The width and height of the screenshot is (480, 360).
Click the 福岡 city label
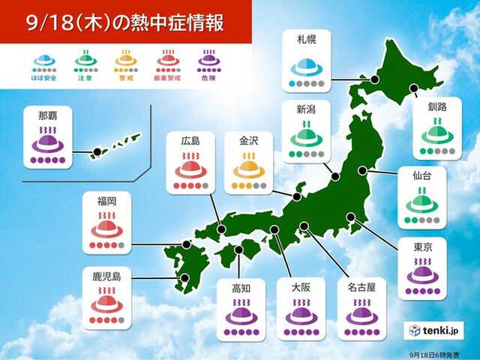pyautogui.click(x=106, y=200)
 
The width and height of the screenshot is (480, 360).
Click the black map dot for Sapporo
pyautogui.click(x=374, y=79)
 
